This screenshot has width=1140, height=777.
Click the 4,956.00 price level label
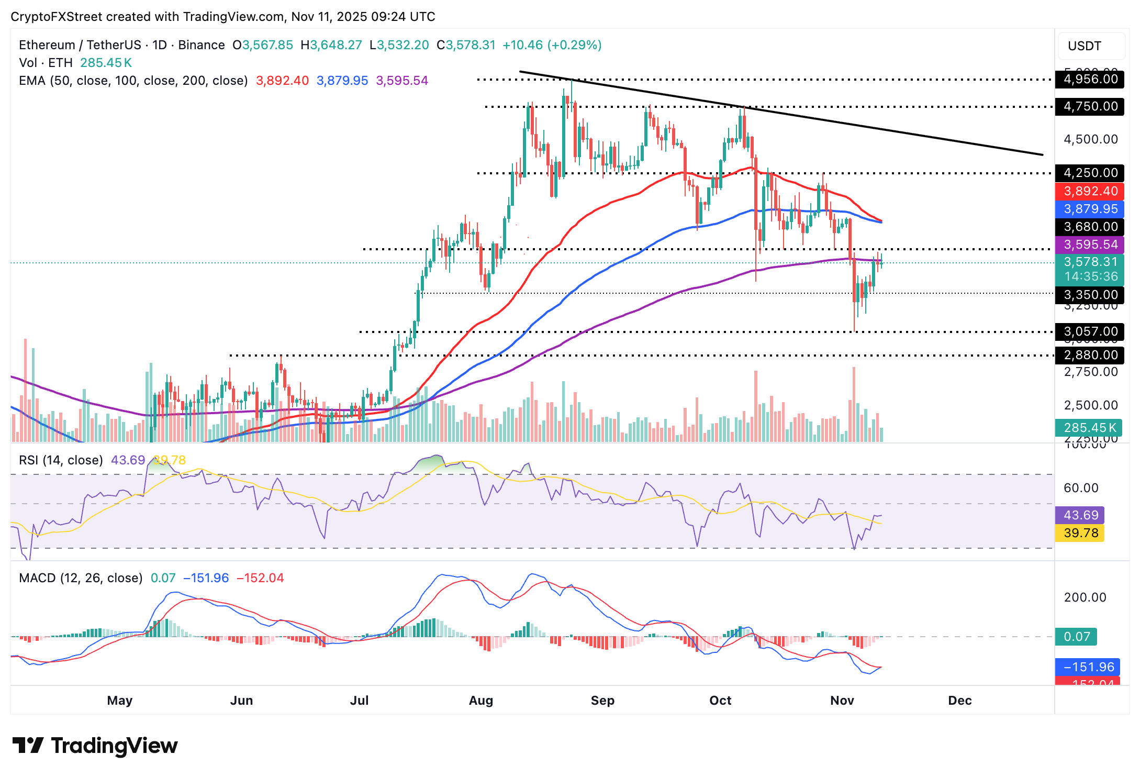pyautogui.click(x=1090, y=80)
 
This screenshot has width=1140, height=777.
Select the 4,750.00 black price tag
pyautogui.click(x=1090, y=107)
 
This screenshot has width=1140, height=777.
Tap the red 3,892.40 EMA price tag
pyautogui.click(x=1090, y=191)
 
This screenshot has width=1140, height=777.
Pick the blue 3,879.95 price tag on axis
pyautogui.click(x=1090, y=209)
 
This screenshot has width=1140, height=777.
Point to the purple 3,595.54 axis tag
pyautogui.click(x=1090, y=245)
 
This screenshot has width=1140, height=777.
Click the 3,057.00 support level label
pyautogui.click(x=1090, y=331)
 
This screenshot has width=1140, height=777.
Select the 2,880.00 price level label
pyautogui.click(x=1090, y=355)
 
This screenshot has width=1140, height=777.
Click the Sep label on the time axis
pyautogui.click(x=602, y=701)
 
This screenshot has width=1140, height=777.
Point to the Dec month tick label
pyautogui.click(x=959, y=701)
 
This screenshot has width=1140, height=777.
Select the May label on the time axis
pyautogui.click(x=120, y=701)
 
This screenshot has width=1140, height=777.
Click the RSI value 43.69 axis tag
pyautogui.click(x=1080, y=515)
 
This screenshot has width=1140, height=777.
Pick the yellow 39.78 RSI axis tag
pyautogui.click(x=1080, y=533)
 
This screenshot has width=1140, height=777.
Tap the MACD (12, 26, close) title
pyautogui.click(x=81, y=578)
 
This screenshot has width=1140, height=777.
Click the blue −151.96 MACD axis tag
pyautogui.click(x=1088, y=667)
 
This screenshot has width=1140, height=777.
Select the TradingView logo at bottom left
pyautogui.click(x=95, y=746)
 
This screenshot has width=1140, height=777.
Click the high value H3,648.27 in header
pyautogui.click(x=331, y=45)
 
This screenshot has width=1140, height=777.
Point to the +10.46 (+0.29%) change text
pyautogui.click(x=552, y=45)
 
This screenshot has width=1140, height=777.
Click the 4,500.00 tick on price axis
pyautogui.click(x=1090, y=139)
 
